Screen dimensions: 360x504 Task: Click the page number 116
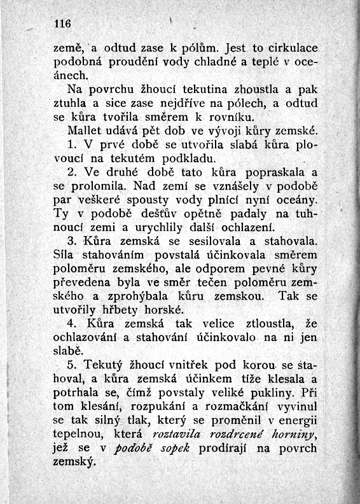pos(61,24)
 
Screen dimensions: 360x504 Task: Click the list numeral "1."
pos(71,144)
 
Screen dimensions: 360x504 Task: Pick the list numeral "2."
pos(71,172)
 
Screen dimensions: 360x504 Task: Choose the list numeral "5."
pos(71,367)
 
